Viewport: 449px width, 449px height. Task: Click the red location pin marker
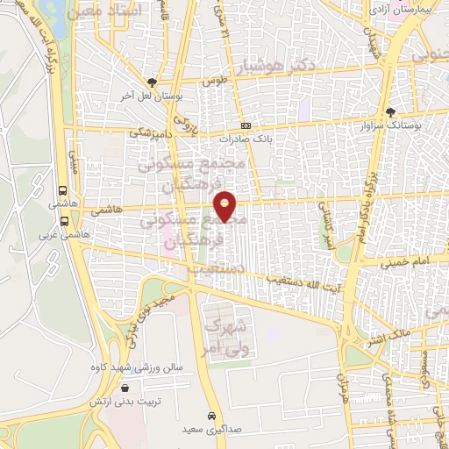click(225, 207)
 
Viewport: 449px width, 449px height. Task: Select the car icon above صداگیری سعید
click(210, 415)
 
